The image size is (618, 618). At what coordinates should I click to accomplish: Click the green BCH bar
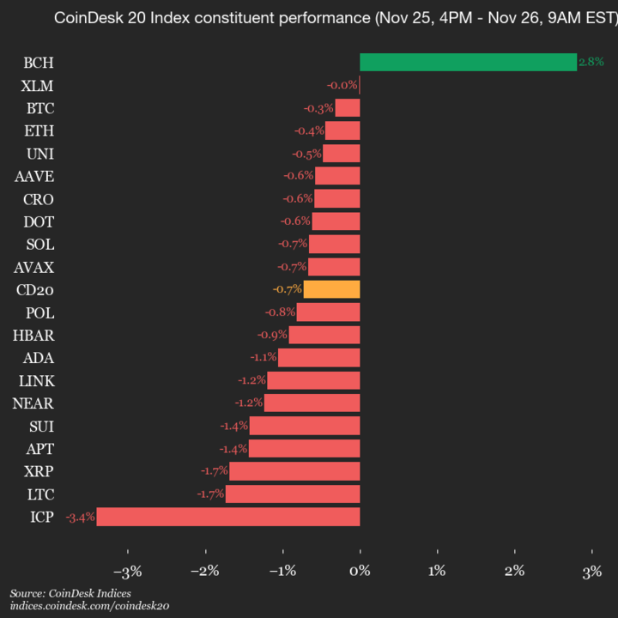468,62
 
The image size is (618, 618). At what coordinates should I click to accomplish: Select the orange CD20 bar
331,289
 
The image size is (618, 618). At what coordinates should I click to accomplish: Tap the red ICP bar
227,517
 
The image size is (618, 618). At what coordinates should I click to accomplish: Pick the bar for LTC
292,494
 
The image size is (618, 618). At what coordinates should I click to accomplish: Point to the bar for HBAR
324,335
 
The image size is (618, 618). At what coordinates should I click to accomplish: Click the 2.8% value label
591,62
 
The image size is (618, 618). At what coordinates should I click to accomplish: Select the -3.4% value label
80,517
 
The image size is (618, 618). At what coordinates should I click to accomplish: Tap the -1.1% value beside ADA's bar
263,357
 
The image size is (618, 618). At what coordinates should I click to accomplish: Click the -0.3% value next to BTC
318,108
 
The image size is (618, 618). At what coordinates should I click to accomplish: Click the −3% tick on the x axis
127,571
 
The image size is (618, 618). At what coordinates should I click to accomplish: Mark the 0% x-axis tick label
360,571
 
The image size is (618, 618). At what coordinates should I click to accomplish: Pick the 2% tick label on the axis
514,571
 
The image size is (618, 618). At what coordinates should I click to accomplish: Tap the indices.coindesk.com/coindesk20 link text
89,606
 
